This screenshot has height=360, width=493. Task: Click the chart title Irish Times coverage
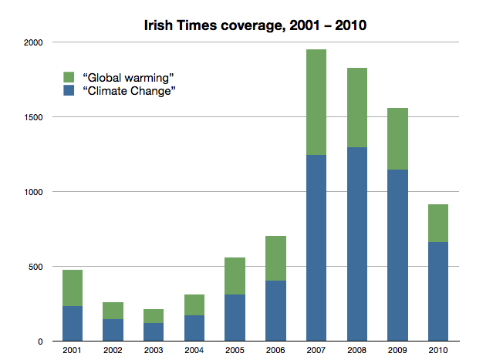255,25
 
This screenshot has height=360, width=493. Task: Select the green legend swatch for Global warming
68,77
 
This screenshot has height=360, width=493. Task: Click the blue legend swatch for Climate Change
68,92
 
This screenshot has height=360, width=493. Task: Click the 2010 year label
437,351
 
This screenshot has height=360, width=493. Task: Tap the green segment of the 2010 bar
437,223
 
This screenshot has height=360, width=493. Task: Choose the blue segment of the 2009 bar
396,254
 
